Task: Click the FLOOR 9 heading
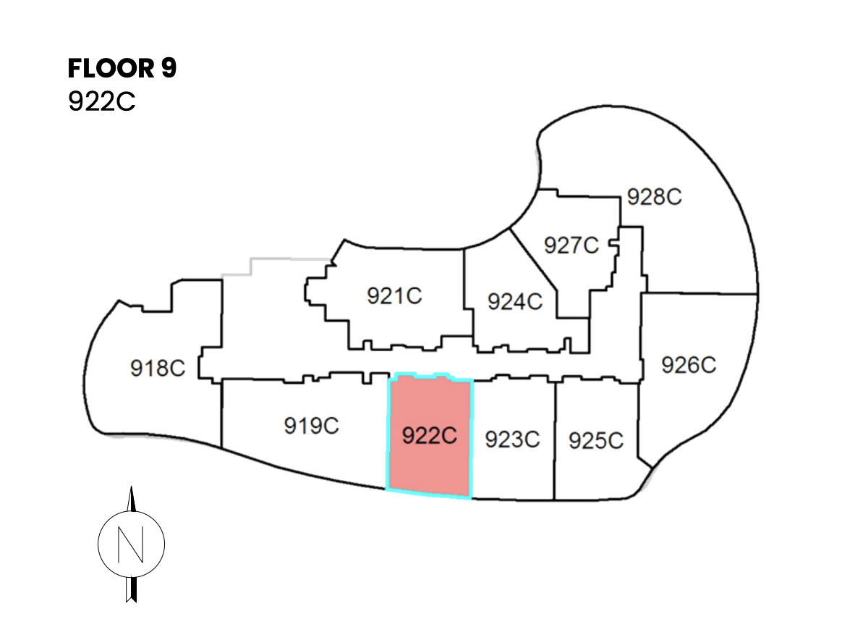122,68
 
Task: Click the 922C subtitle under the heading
101,101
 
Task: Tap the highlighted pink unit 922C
430,435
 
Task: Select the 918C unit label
158,369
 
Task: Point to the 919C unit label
312,426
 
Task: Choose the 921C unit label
394,295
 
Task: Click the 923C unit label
512,440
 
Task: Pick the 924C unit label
515,302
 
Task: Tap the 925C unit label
596,441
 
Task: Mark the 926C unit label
689,365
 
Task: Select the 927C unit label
571,245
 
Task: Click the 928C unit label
654,197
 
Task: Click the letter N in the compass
131,544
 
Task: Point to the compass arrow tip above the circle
132,487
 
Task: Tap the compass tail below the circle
131,589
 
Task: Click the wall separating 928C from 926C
699,293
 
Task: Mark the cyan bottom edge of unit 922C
429,494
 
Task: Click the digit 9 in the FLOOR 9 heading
169,68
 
